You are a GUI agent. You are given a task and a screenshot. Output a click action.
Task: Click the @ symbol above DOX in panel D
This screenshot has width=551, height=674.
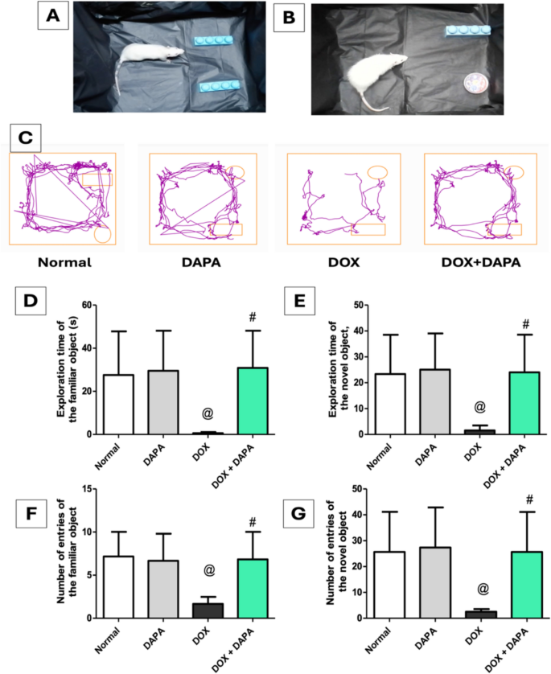coord(207,413)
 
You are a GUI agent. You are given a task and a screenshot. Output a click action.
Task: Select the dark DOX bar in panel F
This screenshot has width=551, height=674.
coord(207,610)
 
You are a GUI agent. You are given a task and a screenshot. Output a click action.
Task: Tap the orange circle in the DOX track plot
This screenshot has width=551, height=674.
coord(377,172)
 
